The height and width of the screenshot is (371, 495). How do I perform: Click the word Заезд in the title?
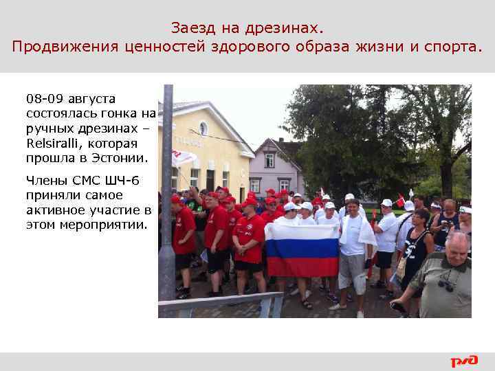pos(189,29)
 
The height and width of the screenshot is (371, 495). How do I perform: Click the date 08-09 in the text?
pos(45,99)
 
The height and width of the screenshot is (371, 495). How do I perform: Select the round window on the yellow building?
pos(203,128)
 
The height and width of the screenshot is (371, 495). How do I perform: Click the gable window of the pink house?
pos(269,159)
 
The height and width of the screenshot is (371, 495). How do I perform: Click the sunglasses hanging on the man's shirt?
pos(445,284)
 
